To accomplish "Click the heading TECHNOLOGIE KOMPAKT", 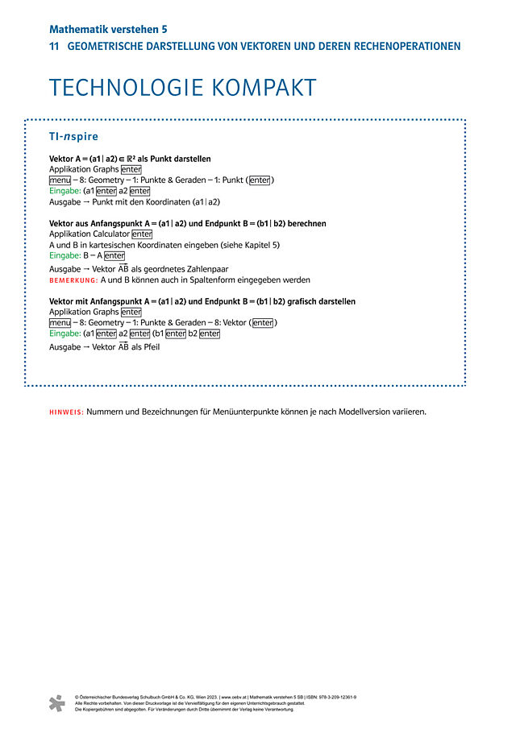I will pos(182,88).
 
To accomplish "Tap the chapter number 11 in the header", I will pos(54,47).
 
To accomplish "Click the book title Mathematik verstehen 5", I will pos(108,29).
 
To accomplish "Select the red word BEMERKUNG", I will pos(73,280).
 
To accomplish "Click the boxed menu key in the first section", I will pos(59,180).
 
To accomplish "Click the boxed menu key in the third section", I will pos(59,323).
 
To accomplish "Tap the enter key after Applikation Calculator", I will pos(142,234).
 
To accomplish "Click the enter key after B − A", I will pos(114,255).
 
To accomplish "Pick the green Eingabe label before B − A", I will pos(64,255).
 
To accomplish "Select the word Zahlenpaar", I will pos(210,269).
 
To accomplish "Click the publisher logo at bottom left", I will pos(56,702).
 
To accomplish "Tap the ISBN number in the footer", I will pos(334,696).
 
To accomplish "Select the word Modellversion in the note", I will pos(352,412).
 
